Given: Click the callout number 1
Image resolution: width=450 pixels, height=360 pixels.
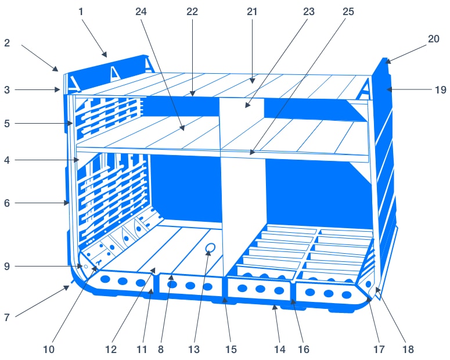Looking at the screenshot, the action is [x=81, y=12].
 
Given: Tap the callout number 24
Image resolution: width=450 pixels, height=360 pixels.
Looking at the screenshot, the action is [x=141, y=12].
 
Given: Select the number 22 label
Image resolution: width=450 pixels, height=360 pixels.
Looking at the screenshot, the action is [x=192, y=12].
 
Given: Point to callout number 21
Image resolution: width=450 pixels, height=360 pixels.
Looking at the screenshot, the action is [x=252, y=12].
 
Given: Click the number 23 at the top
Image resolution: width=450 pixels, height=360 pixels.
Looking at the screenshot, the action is [x=309, y=12].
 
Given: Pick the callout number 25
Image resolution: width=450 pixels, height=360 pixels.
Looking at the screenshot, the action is [x=348, y=12].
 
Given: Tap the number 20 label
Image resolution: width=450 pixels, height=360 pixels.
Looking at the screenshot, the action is [x=434, y=39].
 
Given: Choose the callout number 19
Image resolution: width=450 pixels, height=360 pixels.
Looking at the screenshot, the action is [x=441, y=90].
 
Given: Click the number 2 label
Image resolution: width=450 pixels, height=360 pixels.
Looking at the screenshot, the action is [x=7, y=43].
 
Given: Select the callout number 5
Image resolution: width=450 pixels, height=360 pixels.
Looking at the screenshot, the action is [x=7, y=124].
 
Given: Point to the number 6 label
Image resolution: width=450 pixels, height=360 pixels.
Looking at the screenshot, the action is [x=7, y=203].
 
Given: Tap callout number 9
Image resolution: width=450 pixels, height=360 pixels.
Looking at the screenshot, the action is [x=7, y=267].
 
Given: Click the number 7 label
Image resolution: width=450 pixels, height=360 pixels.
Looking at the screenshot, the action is [x=7, y=318].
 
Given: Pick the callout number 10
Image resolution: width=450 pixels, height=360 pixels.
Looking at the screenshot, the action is [x=49, y=350].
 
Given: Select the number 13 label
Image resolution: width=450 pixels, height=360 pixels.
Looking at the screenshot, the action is [x=194, y=350].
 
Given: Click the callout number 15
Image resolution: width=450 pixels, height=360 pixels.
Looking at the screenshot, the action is [x=231, y=350].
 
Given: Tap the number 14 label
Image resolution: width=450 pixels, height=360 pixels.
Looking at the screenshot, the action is [x=280, y=350].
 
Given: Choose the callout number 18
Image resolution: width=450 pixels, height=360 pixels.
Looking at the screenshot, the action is [x=408, y=350].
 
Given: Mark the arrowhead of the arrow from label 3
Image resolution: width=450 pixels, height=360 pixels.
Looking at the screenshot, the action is [x=57, y=90].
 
